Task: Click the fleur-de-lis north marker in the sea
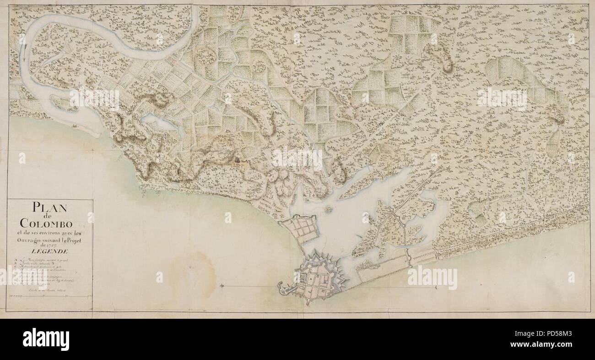click(x=222, y=286)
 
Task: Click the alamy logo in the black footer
click(x=46, y=339)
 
